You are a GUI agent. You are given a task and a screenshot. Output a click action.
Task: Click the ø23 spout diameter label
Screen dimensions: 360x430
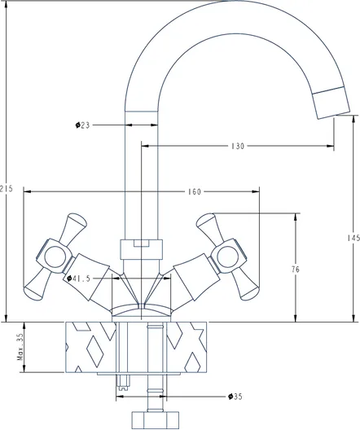pos(82,125)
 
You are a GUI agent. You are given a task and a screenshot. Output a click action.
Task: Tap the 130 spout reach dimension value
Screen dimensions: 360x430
pos(238,146)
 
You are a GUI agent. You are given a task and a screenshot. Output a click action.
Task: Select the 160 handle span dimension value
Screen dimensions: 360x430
pos(195,191)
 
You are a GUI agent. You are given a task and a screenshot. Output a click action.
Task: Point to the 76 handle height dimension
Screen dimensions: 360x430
pos(296,270)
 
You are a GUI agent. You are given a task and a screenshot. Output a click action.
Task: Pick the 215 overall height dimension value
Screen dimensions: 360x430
pos(7,189)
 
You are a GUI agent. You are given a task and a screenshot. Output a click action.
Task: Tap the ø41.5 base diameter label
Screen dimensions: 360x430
pos(78,279)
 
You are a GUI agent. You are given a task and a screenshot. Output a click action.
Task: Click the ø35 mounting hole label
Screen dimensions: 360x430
pos(235,397)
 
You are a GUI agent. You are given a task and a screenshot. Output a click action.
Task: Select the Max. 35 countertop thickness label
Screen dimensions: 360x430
pos(20,347)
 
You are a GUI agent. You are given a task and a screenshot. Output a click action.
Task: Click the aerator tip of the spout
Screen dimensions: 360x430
pos(331,103)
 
